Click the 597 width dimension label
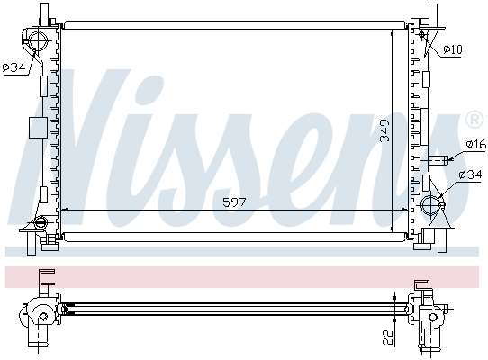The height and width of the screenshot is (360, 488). tap(234, 202)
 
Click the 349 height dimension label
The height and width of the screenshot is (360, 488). tap(385, 130)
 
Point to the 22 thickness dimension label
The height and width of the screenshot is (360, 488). tap(388, 337)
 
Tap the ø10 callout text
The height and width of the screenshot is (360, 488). tap(453, 49)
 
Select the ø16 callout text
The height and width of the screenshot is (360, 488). tap(476, 144)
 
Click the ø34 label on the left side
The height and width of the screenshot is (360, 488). tap(14, 67)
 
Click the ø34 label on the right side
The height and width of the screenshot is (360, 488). tap(470, 175)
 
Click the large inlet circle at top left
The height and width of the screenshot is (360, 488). tap(39, 40)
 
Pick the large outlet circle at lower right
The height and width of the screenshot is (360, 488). tap(430, 205)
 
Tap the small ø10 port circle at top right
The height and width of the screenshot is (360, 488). tap(422, 34)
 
